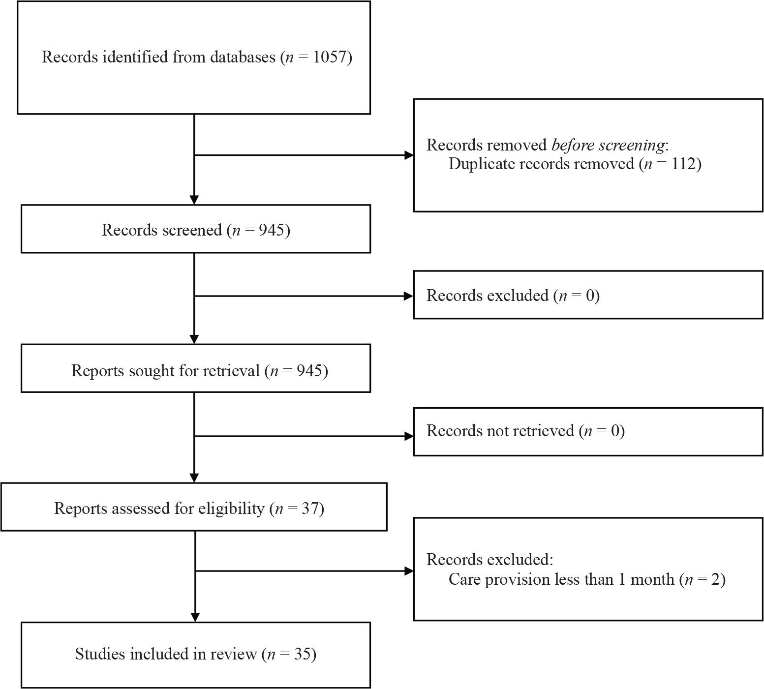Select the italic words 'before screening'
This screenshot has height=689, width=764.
tap(608, 145)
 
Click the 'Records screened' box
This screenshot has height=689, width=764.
tap(196, 229)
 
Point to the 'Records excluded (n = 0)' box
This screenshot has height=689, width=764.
tap(588, 295)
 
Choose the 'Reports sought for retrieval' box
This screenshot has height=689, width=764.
tap(196, 368)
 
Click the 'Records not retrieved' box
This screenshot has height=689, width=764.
tap(588, 432)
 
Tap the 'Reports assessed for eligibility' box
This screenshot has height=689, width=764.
tap(194, 507)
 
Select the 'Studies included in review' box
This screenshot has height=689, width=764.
tap(196, 655)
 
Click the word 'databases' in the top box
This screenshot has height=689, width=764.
tap(243, 57)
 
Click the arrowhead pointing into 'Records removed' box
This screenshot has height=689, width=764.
tap(408, 155)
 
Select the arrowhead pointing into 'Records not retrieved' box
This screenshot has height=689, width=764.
tap(408, 436)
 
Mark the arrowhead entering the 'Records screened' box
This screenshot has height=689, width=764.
tap(194, 200)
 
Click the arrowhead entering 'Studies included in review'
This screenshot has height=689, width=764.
tap(195, 617)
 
